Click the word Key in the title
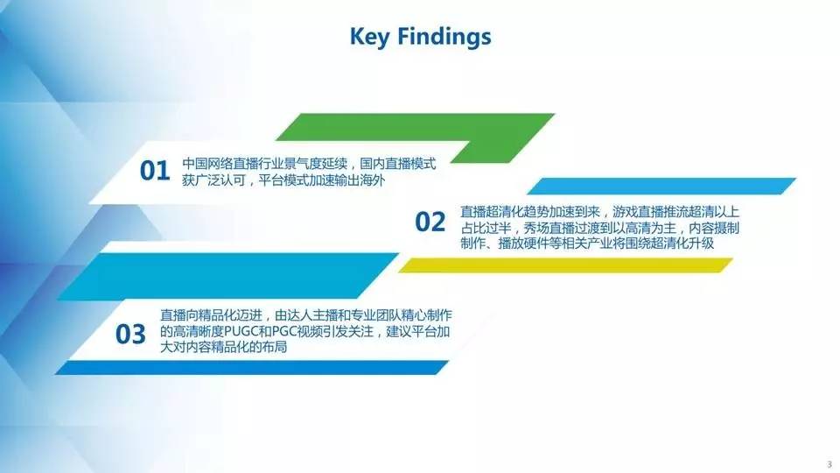coord(369,37)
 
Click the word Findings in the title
coord(444,38)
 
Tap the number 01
coord(155,171)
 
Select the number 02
coord(430,222)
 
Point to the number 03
coord(130,334)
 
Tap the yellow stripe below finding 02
coord(566,265)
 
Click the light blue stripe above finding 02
coord(661,186)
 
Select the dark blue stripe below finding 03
coord(252,367)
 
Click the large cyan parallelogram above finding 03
coord(228,276)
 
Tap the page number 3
coord(829,464)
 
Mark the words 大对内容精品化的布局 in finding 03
coord(223,348)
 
